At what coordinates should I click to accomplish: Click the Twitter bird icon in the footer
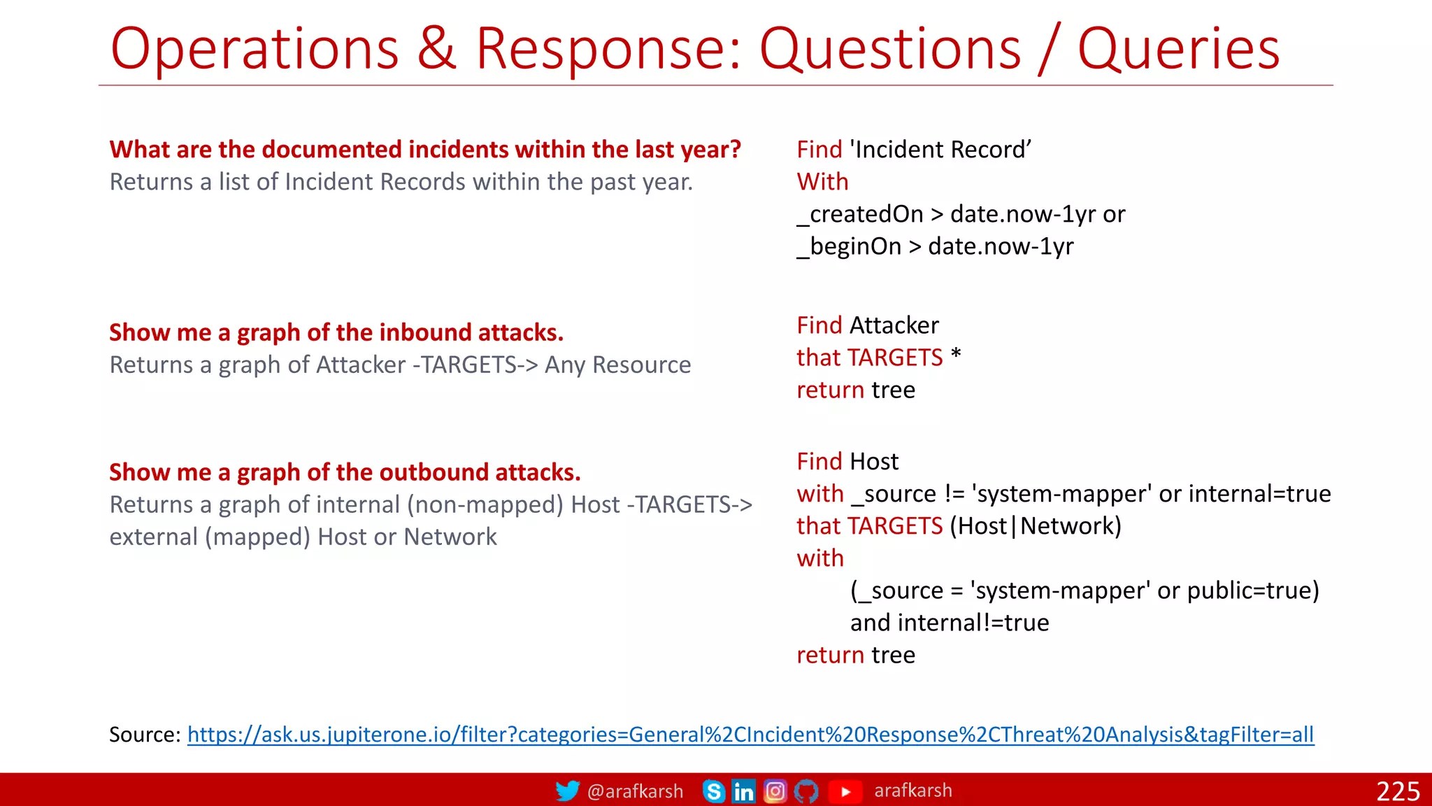click(567, 791)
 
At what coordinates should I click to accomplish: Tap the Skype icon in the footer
click(713, 791)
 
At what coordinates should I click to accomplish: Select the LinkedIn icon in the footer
click(743, 791)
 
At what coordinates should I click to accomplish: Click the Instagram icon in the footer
click(775, 791)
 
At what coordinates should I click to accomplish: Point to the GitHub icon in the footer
click(806, 791)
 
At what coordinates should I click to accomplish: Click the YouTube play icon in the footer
click(845, 791)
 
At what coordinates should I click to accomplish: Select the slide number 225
click(1398, 791)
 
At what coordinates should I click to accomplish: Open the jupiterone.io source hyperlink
click(750, 735)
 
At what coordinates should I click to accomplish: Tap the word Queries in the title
click(1178, 49)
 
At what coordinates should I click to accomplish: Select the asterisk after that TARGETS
click(956, 355)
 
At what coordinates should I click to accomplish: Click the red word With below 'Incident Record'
click(822, 182)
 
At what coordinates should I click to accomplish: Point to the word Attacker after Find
click(894, 325)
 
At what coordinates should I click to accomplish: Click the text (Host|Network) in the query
click(1035, 526)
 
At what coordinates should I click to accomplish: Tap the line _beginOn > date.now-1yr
click(935, 246)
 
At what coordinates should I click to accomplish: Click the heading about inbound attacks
click(336, 332)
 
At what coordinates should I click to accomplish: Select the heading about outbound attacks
click(345, 472)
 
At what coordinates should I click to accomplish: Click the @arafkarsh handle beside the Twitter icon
click(635, 791)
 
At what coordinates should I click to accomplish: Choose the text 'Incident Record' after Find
click(940, 150)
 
